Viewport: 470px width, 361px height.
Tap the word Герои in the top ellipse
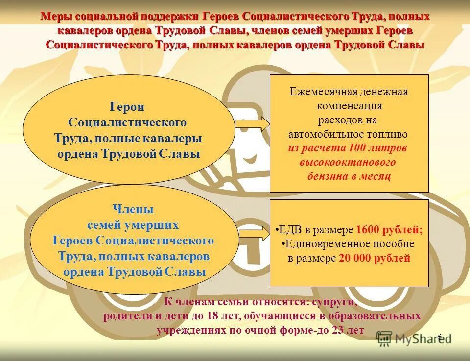coord(127,107)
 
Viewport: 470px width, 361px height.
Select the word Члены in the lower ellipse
coord(133,209)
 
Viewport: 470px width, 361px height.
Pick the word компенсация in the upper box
coord(349,105)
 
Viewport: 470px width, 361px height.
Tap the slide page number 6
coord(439,337)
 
